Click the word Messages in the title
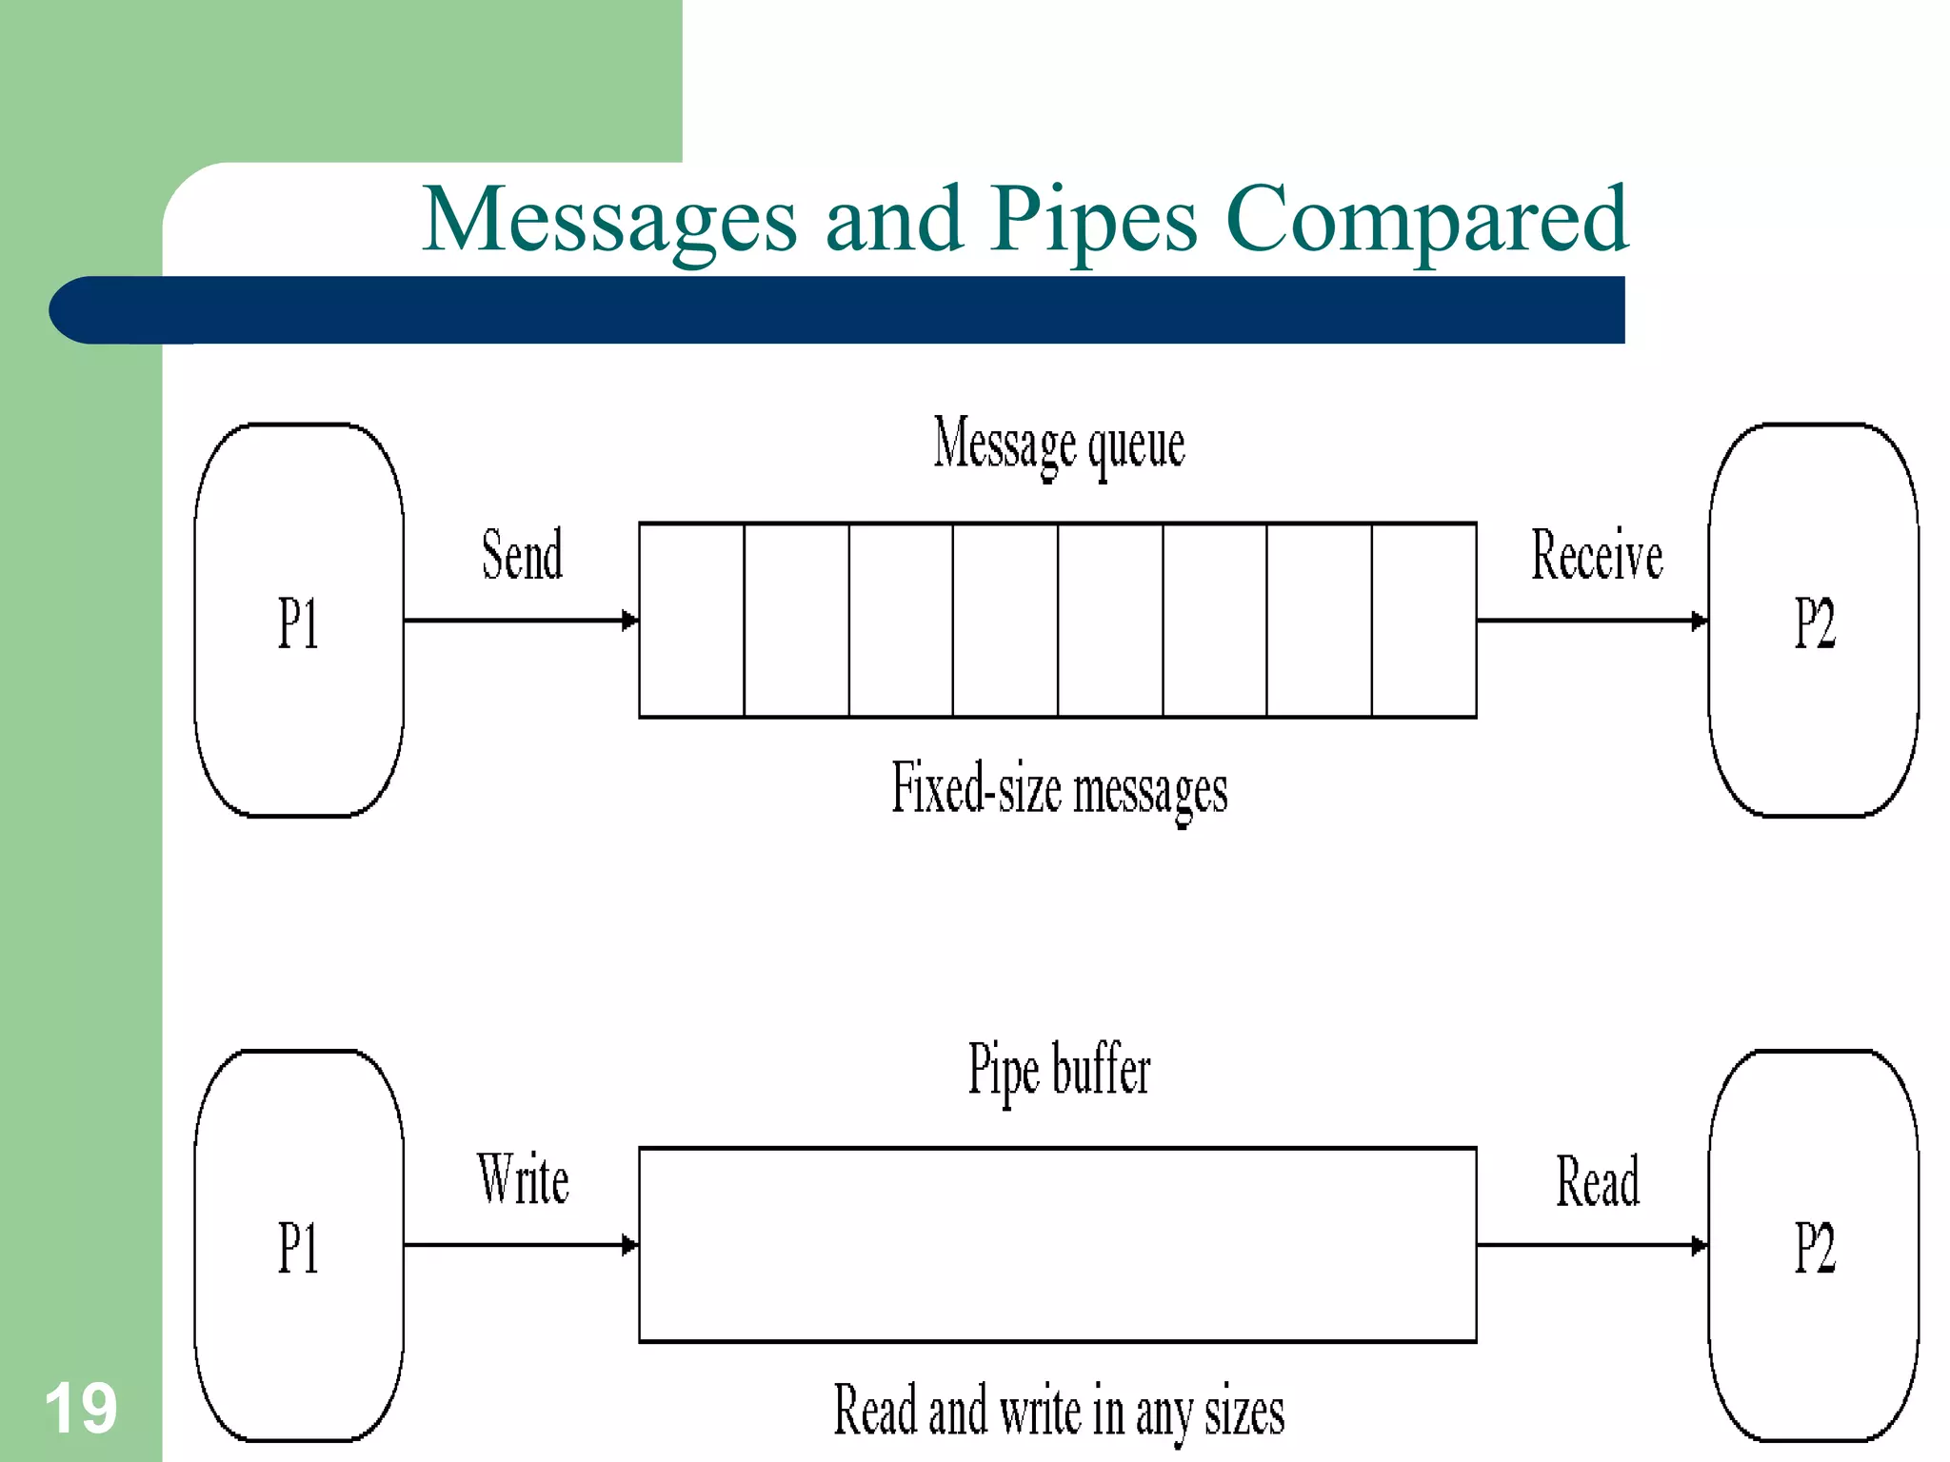[x=609, y=221]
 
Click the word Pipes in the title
[x=1093, y=221]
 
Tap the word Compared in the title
[x=1426, y=221]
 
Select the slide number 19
[x=81, y=1409]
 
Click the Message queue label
[x=1059, y=445]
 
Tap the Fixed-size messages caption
[x=1059, y=790]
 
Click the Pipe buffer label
[x=1059, y=1070]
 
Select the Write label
[x=523, y=1180]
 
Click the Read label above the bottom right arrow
[x=1598, y=1181]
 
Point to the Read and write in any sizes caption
[x=1059, y=1411]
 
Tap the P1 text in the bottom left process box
[x=298, y=1248]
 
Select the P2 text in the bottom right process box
[x=1814, y=1248]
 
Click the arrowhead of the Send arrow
[x=629, y=621]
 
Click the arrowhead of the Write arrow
[x=629, y=1245]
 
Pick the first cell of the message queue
[x=691, y=620]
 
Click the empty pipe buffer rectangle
[x=1057, y=1245]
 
